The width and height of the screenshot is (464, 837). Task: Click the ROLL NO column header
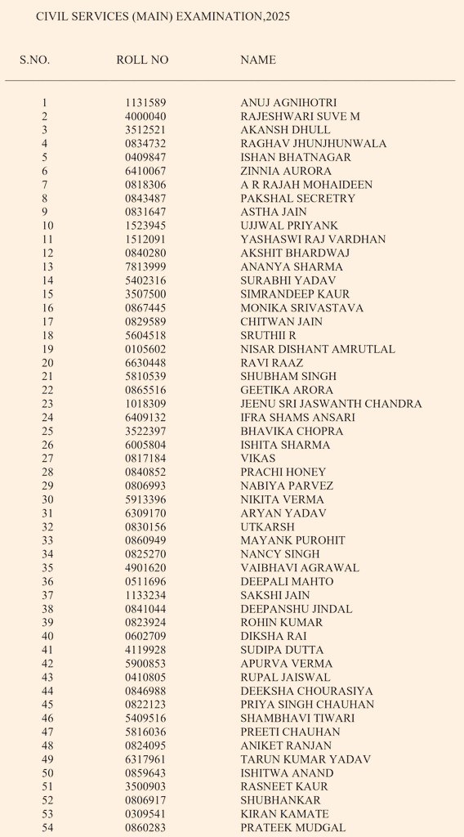[x=142, y=60]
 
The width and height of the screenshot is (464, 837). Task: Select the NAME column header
[x=258, y=60]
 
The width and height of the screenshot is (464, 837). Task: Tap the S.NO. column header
[x=34, y=60]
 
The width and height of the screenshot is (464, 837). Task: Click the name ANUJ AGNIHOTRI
[x=288, y=103]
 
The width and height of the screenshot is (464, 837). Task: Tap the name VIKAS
[x=258, y=459]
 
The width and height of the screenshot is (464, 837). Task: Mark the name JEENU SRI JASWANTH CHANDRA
[x=331, y=404]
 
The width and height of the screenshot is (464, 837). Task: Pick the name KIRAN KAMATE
[x=284, y=814]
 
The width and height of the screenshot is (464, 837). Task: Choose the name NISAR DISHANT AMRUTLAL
[x=318, y=349]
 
